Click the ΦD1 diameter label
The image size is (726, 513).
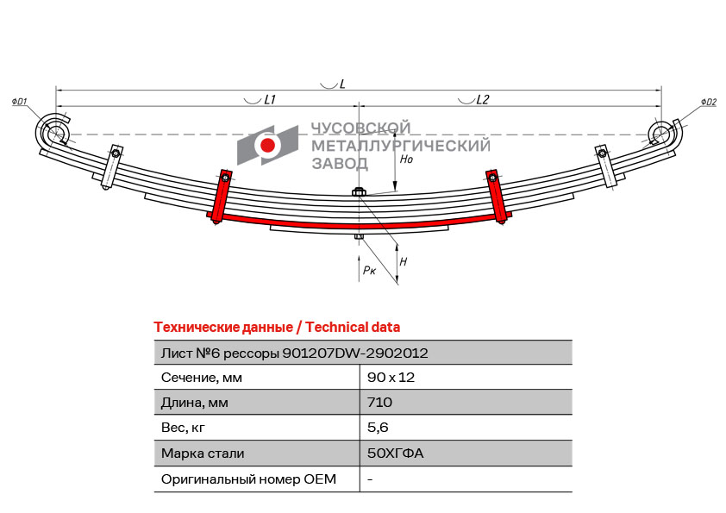pyautogui.click(x=20, y=102)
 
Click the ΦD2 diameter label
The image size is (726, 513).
pyautogui.click(x=708, y=102)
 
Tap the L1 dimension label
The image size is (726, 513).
pyautogui.click(x=269, y=100)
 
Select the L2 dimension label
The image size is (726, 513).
pyautogui.click(x=482, y=100)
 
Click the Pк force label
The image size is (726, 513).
pyautogui.click(x=369, y=270)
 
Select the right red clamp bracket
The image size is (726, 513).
pyautogui.click(x=496, y=197)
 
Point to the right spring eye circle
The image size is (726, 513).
pyautogui.click(x=661, y=134)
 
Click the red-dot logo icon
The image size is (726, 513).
pyautogui.click(x=268, y=146)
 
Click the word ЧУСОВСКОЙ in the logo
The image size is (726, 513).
pyautogui.click(x=360, y=128)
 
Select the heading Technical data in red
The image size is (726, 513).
pyautogui.click(x=353, y=327)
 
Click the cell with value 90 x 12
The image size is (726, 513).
pyautogui.click(x=385, y=377)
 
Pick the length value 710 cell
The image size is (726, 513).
pyautogui.click(x=379, y=402)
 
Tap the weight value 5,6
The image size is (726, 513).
pyautogui.click(x=378, y=427)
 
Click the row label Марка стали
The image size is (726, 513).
pyautogui.click(x=203, y=453)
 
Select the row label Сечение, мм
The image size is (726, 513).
pyautogui.click(x=202, y=377)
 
